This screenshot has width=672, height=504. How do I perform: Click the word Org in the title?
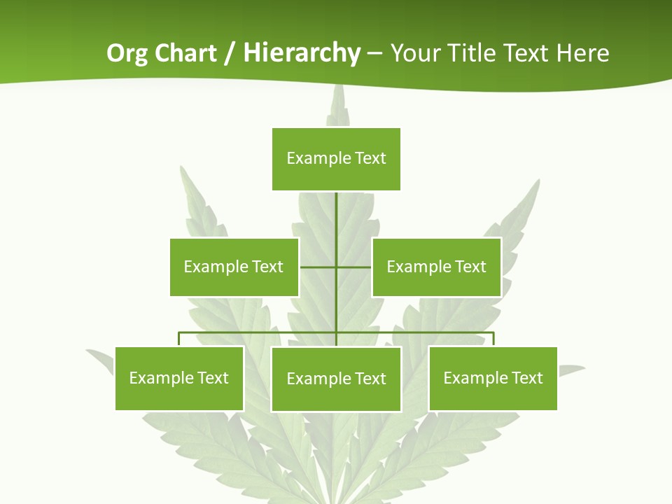coord(127,54)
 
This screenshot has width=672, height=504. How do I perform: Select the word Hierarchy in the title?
coord(301,54)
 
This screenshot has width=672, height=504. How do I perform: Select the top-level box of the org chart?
coord(336,159)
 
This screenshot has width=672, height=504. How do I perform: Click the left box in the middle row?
coord(234,267)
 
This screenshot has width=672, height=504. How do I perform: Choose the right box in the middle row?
coord(436,267)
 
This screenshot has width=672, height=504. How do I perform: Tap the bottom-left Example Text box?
coord(179,378)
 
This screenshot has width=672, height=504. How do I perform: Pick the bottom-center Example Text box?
coord(336,379)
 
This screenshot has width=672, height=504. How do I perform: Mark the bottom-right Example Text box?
coord(493,378)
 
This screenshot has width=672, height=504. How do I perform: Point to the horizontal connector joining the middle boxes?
coord(318,267)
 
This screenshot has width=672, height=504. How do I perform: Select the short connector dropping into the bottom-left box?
coord(179,339)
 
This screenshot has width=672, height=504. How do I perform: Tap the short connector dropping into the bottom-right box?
coord(493,339)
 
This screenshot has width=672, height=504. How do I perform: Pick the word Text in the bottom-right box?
coord(526,378)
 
